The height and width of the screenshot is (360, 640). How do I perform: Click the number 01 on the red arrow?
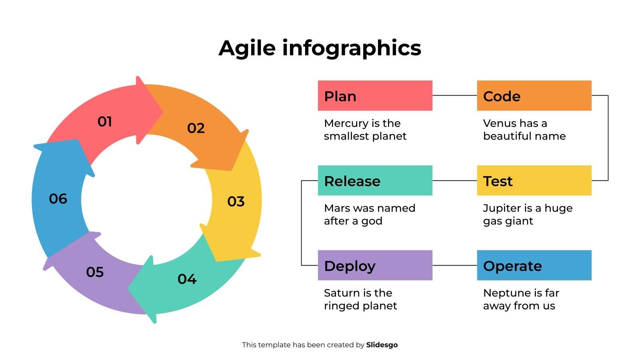(x=105, y=122)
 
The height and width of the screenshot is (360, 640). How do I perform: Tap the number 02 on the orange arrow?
(x=196, y=128)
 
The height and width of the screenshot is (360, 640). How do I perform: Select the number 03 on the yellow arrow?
(x=236, y=201)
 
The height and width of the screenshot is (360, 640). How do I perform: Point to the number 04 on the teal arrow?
(x=187, y=279)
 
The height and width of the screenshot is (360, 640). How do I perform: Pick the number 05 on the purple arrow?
(x=95, y=272)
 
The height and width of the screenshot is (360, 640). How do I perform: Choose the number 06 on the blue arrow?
(x=58, y=199)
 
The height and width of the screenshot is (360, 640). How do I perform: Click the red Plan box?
(x=375, y=96)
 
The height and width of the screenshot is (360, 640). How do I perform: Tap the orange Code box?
(x=534, y=96)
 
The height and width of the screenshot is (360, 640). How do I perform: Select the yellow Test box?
(x=534, y=180)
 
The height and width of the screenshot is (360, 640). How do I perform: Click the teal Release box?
(x=375, y=180)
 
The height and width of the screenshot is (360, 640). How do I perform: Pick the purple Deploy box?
(x=375, y=265)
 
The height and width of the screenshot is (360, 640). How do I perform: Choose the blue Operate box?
(x=534, y=265)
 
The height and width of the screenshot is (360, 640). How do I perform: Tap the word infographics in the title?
(x=352, y=48)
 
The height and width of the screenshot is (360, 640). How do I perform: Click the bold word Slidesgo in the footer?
(x=382, y=345)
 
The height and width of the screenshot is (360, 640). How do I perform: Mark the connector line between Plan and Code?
(x=454, y=96)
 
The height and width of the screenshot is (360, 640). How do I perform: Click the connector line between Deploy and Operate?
(x=454, y=265)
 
